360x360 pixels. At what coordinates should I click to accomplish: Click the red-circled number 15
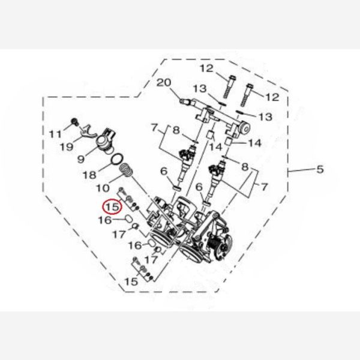click(x=113, y=206)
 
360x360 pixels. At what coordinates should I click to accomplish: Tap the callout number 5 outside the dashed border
click(x=320, y=169)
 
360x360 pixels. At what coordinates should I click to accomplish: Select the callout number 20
click(x=164, y=83)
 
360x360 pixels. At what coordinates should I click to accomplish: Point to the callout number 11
click(x=56, y=134)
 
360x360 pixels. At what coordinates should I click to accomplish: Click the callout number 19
click(x=67, y=146)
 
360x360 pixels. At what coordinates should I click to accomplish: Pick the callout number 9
click(x=81, y=159)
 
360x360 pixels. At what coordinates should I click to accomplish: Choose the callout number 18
click(x=89, y=175)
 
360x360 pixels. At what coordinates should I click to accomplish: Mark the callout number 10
click(x=103, y=188)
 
